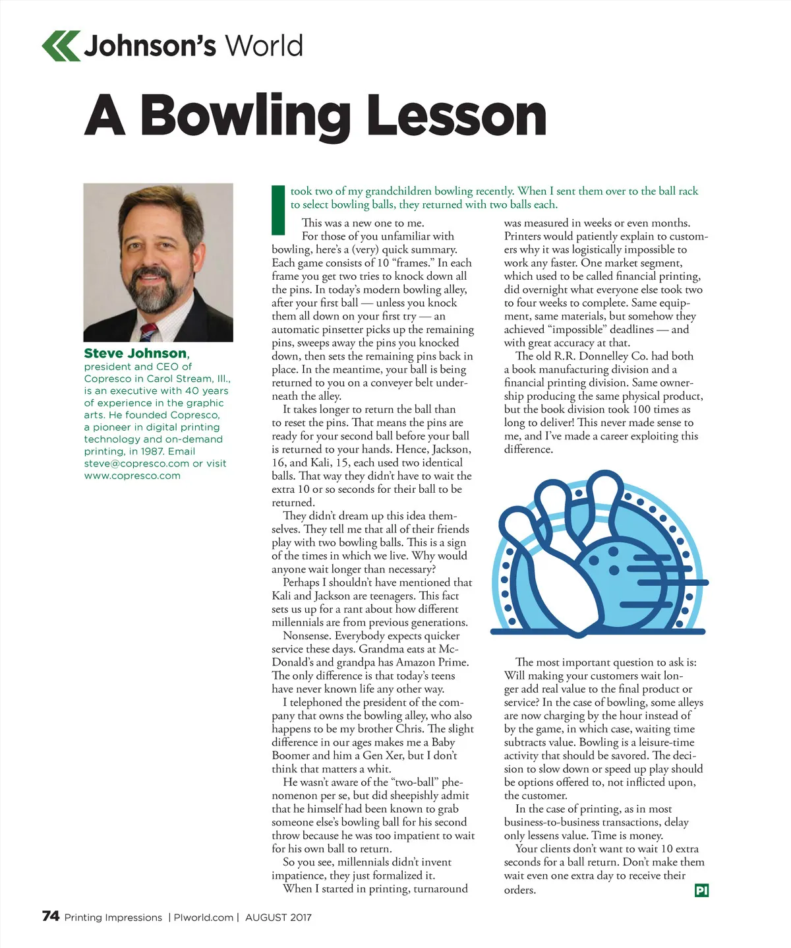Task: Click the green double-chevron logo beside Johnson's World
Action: tap(61, 46)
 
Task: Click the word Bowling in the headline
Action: tap(245, 116)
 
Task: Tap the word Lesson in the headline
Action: tap(456, 116)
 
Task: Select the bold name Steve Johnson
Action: tap(135, 354)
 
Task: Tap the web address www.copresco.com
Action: tap(132, 476)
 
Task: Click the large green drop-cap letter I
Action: tap(278, 210)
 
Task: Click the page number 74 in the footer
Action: tap(51, 916)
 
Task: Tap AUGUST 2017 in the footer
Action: tap(278, 918)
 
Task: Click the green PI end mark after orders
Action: tap(701, 891)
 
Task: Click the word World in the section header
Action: tap(264, 46)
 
